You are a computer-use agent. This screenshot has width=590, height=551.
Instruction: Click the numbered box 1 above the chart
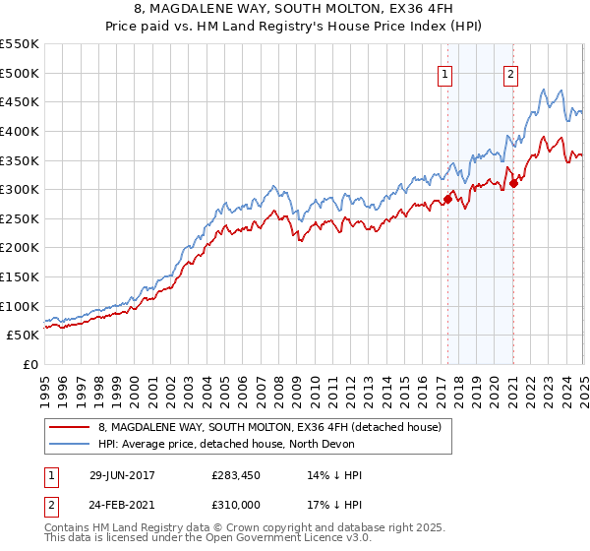(x=445, y=72)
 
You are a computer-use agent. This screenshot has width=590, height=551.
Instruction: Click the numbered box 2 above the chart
(x=511, y=72)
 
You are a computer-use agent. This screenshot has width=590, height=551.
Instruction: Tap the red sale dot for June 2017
(x=447, y=199)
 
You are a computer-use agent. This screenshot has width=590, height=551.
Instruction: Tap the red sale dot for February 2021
(x=513, y=183)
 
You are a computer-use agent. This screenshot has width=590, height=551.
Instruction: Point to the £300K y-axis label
(x=21, y=189)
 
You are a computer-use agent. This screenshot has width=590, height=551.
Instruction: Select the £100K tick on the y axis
(x=21, y=306)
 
